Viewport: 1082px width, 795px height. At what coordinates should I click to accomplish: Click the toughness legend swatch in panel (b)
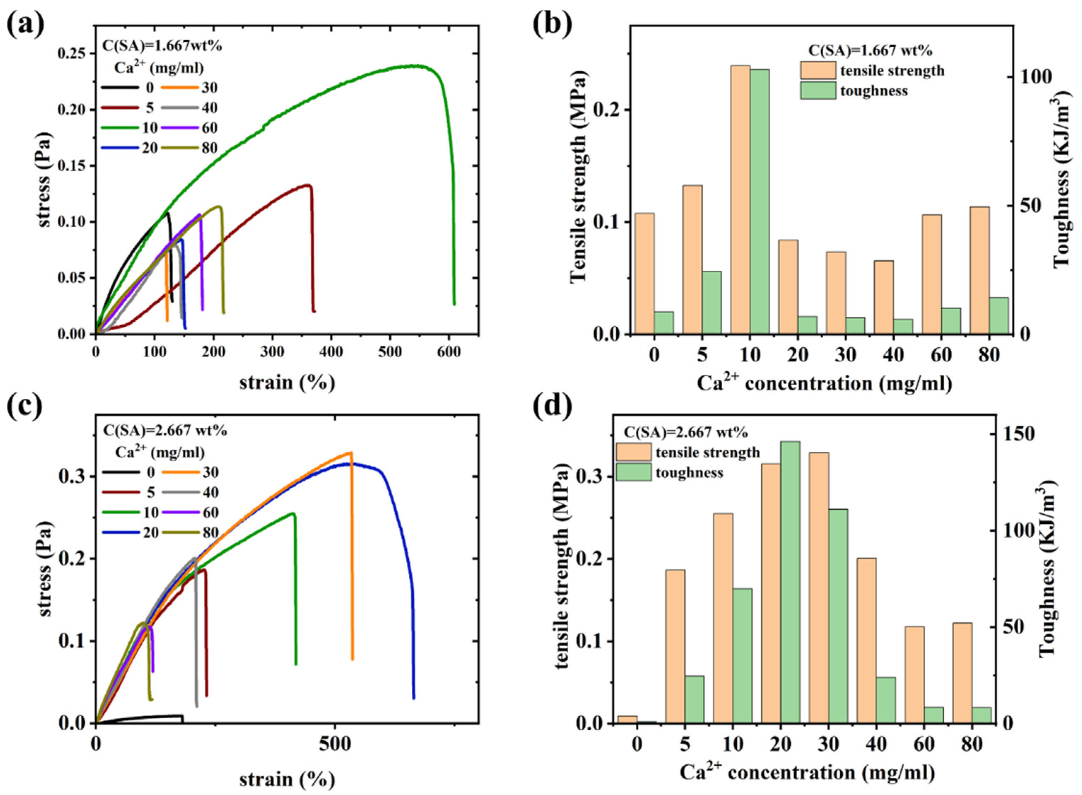coord(818,90)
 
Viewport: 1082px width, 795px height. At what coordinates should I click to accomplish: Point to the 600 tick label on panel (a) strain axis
coord(448,352)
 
